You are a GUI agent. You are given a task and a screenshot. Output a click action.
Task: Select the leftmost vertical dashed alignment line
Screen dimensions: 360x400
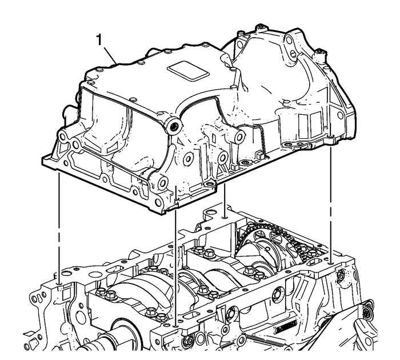click(59, 229)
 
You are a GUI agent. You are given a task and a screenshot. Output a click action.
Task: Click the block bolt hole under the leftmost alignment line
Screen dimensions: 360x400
click(59, 282)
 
